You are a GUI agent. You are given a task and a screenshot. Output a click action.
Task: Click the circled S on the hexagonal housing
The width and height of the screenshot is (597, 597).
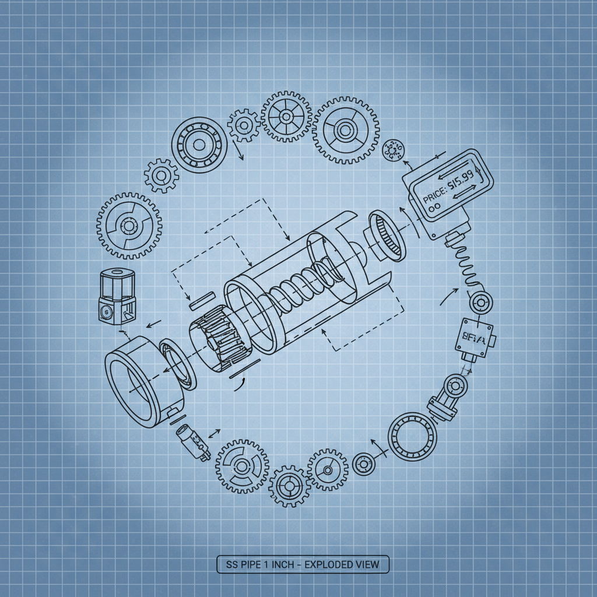106,311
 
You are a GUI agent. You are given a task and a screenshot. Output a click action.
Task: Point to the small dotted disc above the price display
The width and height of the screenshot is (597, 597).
392,150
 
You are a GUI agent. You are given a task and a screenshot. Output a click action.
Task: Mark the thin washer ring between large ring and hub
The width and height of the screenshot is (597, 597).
178,364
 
